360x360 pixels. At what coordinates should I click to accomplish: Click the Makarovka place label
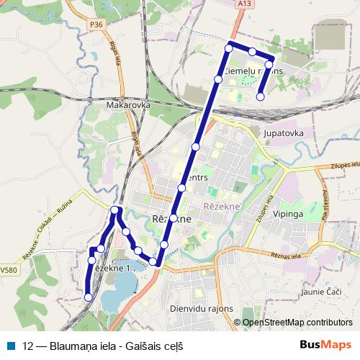[x=127, y=105]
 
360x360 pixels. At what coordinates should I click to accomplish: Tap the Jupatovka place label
[x=285, y=133]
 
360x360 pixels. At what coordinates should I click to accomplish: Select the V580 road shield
[x=8, y=270]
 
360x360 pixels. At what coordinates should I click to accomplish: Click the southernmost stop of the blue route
[x=89, y=297]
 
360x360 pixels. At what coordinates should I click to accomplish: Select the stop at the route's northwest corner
[x=229, y=48]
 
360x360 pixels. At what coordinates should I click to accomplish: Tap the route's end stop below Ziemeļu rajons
[x=261, y=96]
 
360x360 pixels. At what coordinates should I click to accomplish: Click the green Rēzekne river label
[x=226, y=206]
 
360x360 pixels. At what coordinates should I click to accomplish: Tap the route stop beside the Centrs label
[x=182, y=188]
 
